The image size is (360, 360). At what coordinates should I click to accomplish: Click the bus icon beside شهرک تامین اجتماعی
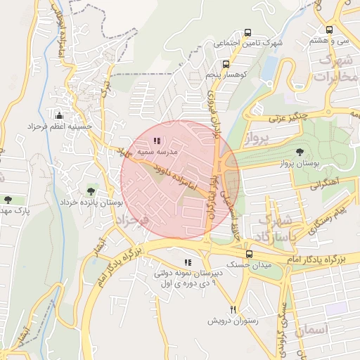coord(247,32)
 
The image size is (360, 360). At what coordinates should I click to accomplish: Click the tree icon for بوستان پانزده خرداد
coord(90,191)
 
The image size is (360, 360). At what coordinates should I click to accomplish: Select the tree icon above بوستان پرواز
coord(301,152)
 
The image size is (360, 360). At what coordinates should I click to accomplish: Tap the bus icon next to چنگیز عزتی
coord(260,110)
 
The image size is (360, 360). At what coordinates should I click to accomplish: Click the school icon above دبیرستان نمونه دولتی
coord(187,262)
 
